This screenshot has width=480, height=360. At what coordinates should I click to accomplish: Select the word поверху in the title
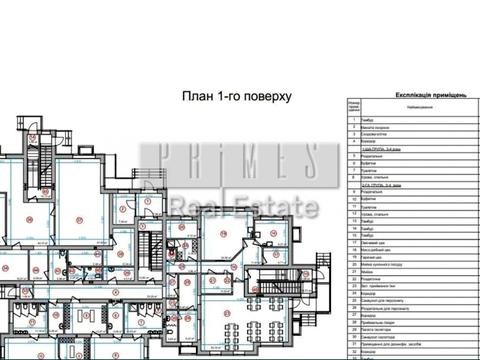pos(273,96)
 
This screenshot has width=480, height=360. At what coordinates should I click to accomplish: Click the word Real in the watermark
pos(196,207)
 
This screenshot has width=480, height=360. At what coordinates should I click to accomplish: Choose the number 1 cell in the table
pos(352,121)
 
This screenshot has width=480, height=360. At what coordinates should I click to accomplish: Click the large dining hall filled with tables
pos(235,324)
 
